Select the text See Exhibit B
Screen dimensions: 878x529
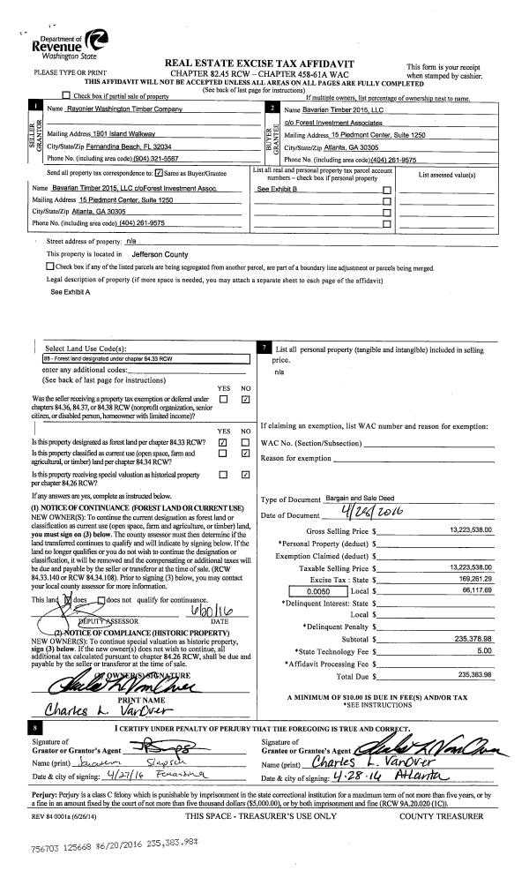275,189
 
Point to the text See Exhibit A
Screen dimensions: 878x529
70,291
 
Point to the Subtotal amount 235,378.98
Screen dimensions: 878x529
471,637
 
